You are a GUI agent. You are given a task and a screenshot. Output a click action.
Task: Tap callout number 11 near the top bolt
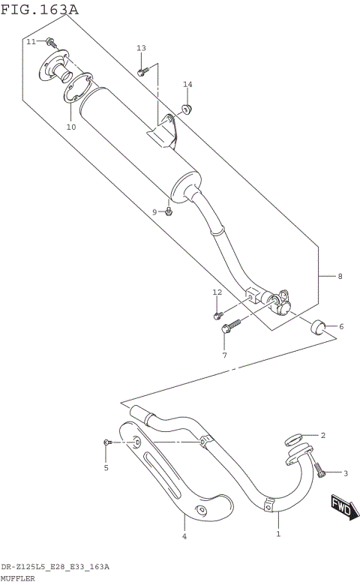tap(31, 42)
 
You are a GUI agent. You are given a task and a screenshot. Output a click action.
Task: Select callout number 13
tap(141, 48)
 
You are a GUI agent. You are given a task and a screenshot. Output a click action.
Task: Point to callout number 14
tap(187, 84)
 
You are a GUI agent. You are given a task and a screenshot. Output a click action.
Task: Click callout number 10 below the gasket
tap(71, 127)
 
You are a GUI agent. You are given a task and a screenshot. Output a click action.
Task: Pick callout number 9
tap(155, 212)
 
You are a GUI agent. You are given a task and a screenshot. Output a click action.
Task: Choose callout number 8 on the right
tap(340, 277)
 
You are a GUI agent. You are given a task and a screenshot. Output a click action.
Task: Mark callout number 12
tap(217, 292)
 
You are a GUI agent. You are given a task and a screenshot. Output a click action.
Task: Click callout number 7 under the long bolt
tap(223, 355)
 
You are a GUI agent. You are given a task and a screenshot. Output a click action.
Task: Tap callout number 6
tap(340, 326)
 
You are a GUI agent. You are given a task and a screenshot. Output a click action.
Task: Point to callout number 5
tap(106, 468)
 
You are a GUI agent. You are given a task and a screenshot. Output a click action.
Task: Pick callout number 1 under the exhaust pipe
tap(278, 534)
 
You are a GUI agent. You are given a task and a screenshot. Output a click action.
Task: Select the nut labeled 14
tap(187, 110)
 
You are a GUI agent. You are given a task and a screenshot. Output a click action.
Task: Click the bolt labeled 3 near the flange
tap(322, 469)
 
